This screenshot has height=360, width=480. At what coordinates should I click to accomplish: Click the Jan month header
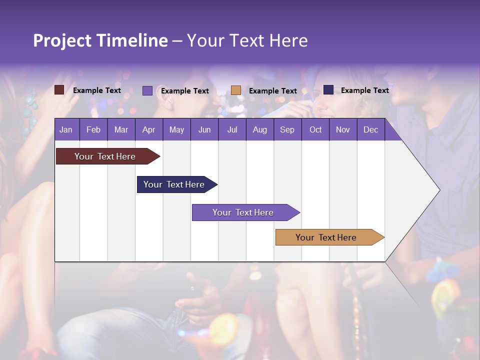pos(66,129)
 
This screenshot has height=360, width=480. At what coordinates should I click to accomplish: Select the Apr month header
pos(148,129)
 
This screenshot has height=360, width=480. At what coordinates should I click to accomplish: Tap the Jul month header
pos(232,129)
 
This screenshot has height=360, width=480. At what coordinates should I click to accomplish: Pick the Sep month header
pos(287,129)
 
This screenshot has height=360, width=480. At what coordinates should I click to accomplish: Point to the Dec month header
pos(370,129)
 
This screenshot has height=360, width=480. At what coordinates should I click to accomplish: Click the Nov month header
pos(342,129)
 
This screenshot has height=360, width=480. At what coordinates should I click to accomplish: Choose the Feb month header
pos(93,129)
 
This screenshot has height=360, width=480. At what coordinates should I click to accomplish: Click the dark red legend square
pos(59,90)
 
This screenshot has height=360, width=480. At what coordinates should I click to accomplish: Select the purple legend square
pos(147,90)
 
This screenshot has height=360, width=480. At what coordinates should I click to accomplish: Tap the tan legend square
pos(236,90)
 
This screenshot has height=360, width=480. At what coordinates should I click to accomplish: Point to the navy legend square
pos(328,90)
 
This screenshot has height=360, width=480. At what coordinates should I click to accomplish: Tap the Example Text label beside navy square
pos(364,90)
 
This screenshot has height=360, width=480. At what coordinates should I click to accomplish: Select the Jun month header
pos(204,129)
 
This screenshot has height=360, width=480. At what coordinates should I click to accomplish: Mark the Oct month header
pos(315,129)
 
